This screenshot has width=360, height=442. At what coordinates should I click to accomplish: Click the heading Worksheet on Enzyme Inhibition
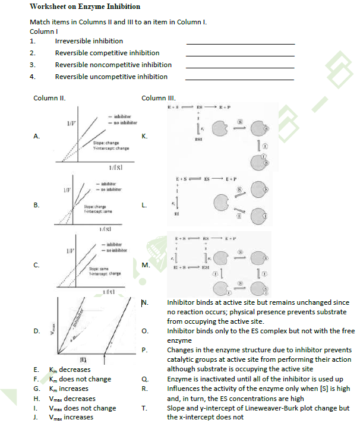pos(85,7)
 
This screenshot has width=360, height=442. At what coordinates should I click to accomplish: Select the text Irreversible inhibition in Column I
pos(89,41)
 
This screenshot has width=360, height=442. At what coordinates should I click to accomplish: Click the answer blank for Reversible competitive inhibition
pos(240,55)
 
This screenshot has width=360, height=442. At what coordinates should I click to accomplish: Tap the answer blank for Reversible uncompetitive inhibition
pos(240,79)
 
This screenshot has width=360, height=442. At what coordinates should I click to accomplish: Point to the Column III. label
pos(155,97)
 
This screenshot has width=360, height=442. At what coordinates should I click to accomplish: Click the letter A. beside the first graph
pos(36,136)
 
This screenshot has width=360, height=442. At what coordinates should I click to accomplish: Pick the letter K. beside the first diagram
pos(144,136)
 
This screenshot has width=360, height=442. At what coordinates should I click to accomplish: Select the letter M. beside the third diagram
pos(145,264)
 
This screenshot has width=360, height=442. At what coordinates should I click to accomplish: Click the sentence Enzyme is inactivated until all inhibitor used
pos(255,379)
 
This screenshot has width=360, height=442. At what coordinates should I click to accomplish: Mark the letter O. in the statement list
pos(145,331)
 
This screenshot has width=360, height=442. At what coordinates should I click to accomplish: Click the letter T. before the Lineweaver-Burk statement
pos(144,408)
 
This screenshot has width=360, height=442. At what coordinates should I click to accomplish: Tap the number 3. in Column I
pos(33,65)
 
